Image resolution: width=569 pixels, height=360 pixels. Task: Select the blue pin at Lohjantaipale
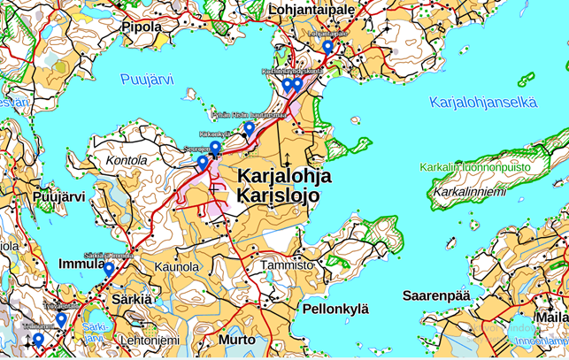[327, 47]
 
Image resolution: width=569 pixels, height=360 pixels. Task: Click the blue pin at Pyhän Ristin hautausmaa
[250, 128]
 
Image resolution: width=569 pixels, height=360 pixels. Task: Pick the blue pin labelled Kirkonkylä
[215, 147]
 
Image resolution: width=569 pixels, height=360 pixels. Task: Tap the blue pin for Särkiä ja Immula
[109, 269]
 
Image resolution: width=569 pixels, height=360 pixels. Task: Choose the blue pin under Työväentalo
[61, 319]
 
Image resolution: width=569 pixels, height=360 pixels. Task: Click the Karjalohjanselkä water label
[482, 102]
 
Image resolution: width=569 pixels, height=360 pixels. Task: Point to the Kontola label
[126, 161]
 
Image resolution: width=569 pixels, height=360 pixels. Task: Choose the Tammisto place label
[288, 264]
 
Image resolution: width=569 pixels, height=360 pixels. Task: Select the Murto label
[236, 340]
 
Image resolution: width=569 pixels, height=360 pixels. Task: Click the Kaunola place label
[177, 266]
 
